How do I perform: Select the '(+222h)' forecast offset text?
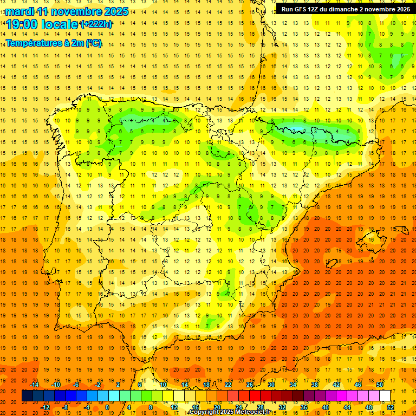(x=96, y=24)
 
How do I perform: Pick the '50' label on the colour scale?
(x=379, y=385)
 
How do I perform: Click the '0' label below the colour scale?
(x=107, y=407)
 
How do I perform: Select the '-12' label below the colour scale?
(x=45, y=407)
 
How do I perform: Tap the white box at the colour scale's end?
(x=385, y=396)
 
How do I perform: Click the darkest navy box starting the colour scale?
(x=27, y=396)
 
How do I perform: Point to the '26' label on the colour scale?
(x=250, y=385)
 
